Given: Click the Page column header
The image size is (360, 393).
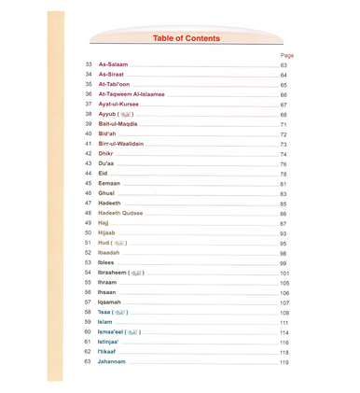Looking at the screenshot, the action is pyautogui.click(x=287, y=55).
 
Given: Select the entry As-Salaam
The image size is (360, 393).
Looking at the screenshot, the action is pyautogui.click(x=113, y=65).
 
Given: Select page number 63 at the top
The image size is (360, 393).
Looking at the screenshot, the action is pyautogui.click(x=284, y=65).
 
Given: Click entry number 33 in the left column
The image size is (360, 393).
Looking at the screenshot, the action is pyautogui.click(x=88, y=65).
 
